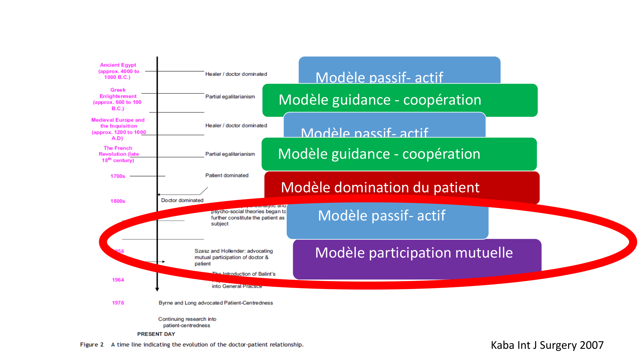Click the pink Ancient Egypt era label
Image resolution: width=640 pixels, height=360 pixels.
tap(118, 71)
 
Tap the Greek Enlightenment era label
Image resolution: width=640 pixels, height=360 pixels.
tap(117, 99)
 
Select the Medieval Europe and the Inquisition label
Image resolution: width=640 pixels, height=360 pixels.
tap(118, 129)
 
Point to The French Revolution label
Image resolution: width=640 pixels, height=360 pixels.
tap(118, 154)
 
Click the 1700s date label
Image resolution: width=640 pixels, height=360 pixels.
tap(118, 176)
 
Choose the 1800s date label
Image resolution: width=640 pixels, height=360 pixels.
tap(118, 201)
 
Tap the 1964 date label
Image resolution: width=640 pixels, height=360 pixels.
tap(118, 280)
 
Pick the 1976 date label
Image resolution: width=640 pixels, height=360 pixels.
tap(118, 303)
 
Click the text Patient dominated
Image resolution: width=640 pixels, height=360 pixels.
tap(227, 175)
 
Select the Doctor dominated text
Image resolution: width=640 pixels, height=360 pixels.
tap(182, 200)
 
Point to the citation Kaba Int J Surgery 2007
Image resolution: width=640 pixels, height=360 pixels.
tap(547, 345)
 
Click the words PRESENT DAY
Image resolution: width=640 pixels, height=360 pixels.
tap(156, 334)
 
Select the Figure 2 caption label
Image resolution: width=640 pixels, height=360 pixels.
tap(92, 345)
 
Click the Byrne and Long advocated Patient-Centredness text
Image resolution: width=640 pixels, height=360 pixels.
tap(216, 303)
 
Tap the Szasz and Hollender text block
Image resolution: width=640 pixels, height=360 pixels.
tap(233, 257)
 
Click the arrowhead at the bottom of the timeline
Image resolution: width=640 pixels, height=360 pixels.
tap(157, 289)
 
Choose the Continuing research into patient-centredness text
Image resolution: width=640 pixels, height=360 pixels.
tap(187, 322)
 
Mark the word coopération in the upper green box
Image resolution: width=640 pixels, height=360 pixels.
tap(442, 100)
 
